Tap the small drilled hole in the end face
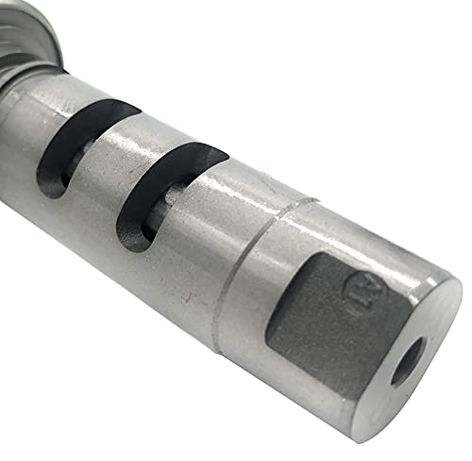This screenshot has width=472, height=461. pos(409,361)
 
